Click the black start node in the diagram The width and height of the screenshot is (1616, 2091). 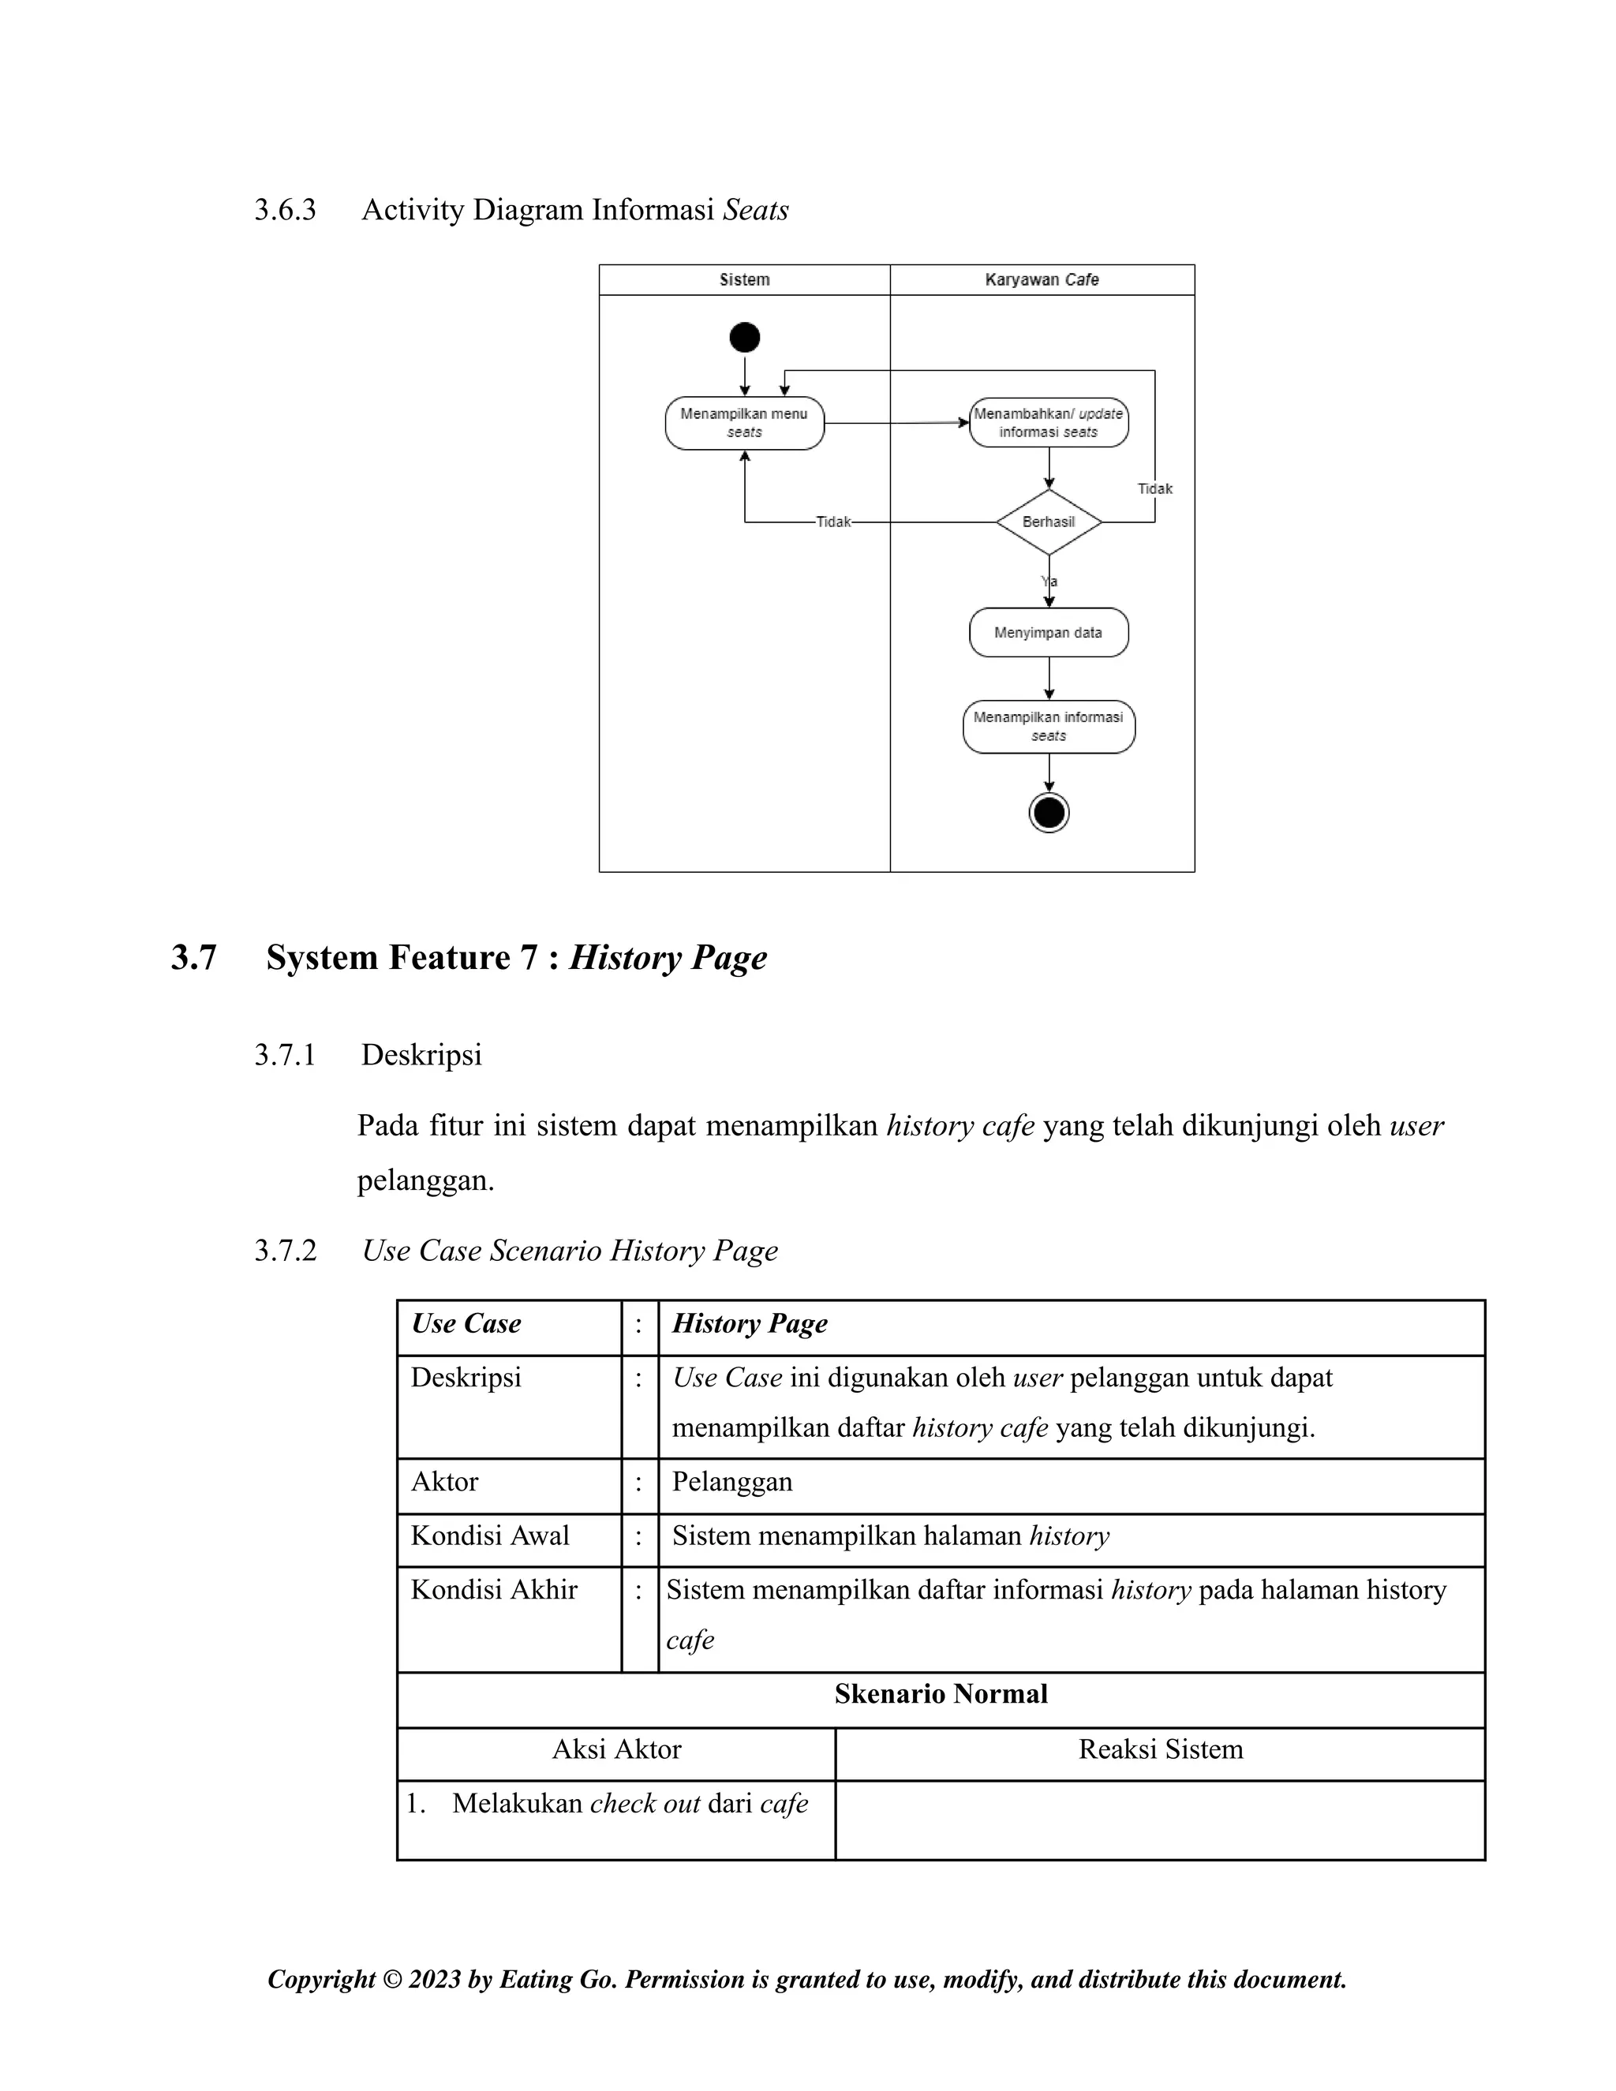[x=744, y=337]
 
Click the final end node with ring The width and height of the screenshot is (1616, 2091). [x=1049, y=813]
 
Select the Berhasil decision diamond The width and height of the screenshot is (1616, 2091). [x=1049, y=522]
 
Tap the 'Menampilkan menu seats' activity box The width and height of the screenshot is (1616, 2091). [x=744, y=423]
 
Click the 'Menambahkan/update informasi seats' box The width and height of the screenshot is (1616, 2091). [x=1049, y=423]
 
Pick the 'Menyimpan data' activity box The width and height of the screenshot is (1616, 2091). [x=1049, y=633]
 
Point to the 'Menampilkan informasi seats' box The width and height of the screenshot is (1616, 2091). [x=1049, y=727]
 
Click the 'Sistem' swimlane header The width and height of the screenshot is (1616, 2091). [x=744, y=279]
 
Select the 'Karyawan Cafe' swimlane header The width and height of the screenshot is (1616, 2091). [x=1042, y=279]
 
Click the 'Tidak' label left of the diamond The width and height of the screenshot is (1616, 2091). [x=833, y=522]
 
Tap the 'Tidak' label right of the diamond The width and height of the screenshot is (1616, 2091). [x=1154, y=489]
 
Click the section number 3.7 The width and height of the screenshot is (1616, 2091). [x=194, y=957]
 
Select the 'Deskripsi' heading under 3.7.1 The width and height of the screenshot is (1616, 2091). [x=421, y=1055]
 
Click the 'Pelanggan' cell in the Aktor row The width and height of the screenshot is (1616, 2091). [x=732, y=1482]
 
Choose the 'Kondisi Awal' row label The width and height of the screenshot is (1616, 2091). [x=490, y=1536]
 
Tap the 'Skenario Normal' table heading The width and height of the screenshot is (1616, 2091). [x=941, y=1693]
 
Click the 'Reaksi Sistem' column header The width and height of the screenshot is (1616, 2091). [x=1160, y=1749]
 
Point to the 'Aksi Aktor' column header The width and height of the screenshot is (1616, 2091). [x=616, y=1749]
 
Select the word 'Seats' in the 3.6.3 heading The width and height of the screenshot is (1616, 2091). [x=755, y=210]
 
